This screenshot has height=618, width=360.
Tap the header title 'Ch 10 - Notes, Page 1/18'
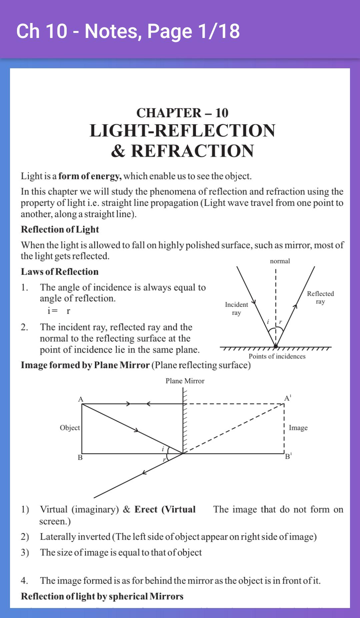point(128,31)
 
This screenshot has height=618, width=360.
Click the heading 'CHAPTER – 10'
point(182,113)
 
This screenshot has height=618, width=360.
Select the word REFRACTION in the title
point(192,151)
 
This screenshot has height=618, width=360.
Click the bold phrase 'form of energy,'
point(90,176)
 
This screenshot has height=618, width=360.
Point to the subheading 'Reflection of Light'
point(60,229)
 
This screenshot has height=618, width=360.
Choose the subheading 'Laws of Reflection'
point(60,272)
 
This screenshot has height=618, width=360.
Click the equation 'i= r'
point(59,311)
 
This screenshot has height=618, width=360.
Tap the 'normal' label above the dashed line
point(280,261)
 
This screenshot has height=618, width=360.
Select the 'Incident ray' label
point(236,309)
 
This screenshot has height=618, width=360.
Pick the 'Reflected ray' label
point(320,298)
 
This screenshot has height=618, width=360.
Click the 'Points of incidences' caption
point(277,356)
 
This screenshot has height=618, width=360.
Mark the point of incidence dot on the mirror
point(276,346)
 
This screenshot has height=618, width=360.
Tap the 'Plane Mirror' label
point(185,381)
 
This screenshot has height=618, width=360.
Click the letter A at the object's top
point(80,399)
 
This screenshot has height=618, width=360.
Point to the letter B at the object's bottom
point(80,457)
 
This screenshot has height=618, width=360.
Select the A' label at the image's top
point(288,398)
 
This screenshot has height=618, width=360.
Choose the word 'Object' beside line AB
point(70,428)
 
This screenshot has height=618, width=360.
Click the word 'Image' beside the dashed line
point(298,428)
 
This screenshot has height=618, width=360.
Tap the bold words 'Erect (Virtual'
point(165,509)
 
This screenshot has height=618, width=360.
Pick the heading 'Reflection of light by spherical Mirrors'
point(102,596)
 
